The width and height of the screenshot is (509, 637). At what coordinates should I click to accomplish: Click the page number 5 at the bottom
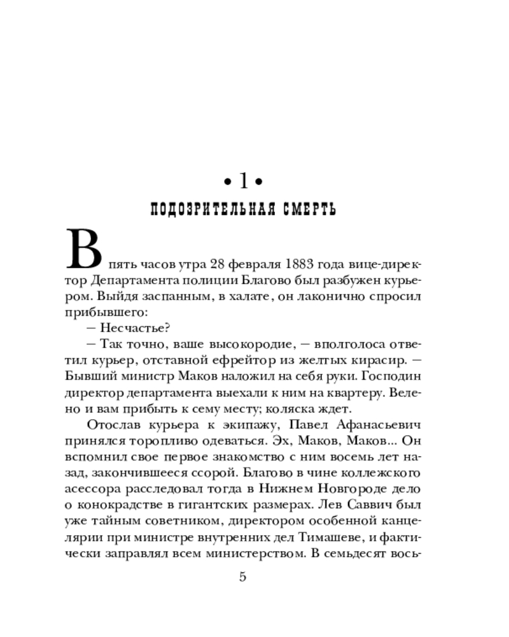click(242, 577)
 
